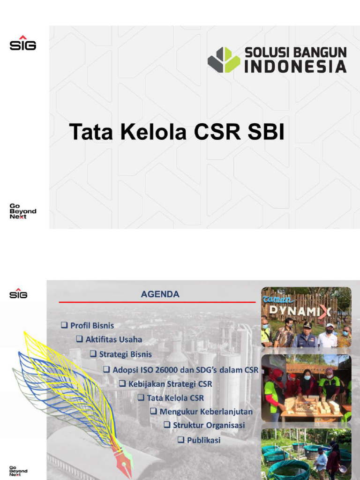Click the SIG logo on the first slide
pyautogui.click(x=22, y=43)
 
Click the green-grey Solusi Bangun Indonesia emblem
pyautogui.click(x=224, y=60)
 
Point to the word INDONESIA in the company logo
pyautogui.click(x=295, y=67)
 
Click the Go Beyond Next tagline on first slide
pyautogui.click(x=22, y=211)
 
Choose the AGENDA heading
pyautogui.click(x=160, y=294)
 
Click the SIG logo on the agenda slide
pyautogui.click(x=18, y=293)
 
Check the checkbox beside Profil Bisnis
pyautogui.click(x=64, y=325)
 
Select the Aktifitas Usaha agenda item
pyautogui.click(x=113, y=339)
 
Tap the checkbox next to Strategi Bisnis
pyautogui.click(x=93, y=354)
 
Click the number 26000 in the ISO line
pyautogui.click(x=161, y=369)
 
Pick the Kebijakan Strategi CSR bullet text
pyautogui.click(x=170, y=384)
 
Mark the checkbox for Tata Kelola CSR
pyautogui.click(x=141, y=397)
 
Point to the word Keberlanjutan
pyautogui.click(x=226, y=412)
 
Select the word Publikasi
pyautogui.click(x=203, y=440)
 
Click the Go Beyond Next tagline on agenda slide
pyautogui.click(x=18, y=471)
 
